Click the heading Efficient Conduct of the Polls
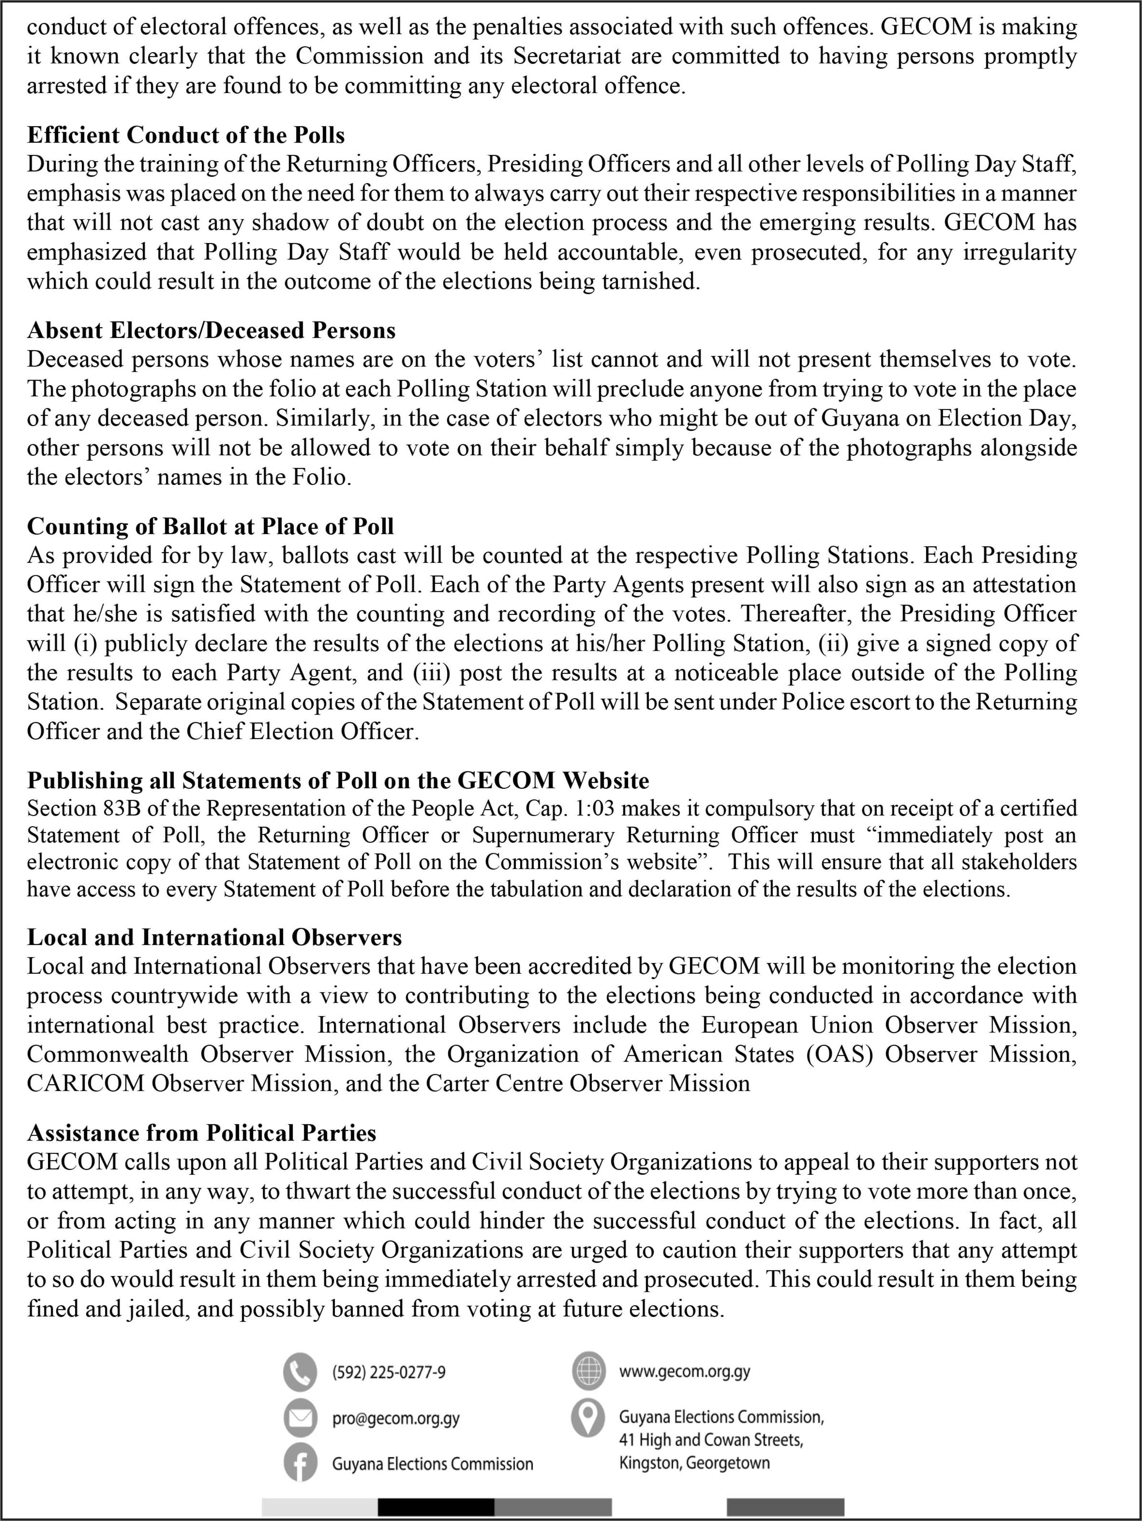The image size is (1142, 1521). point(186,135)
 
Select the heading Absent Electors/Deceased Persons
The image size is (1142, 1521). point(211,331)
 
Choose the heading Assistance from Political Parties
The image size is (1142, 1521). point(201,1133)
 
